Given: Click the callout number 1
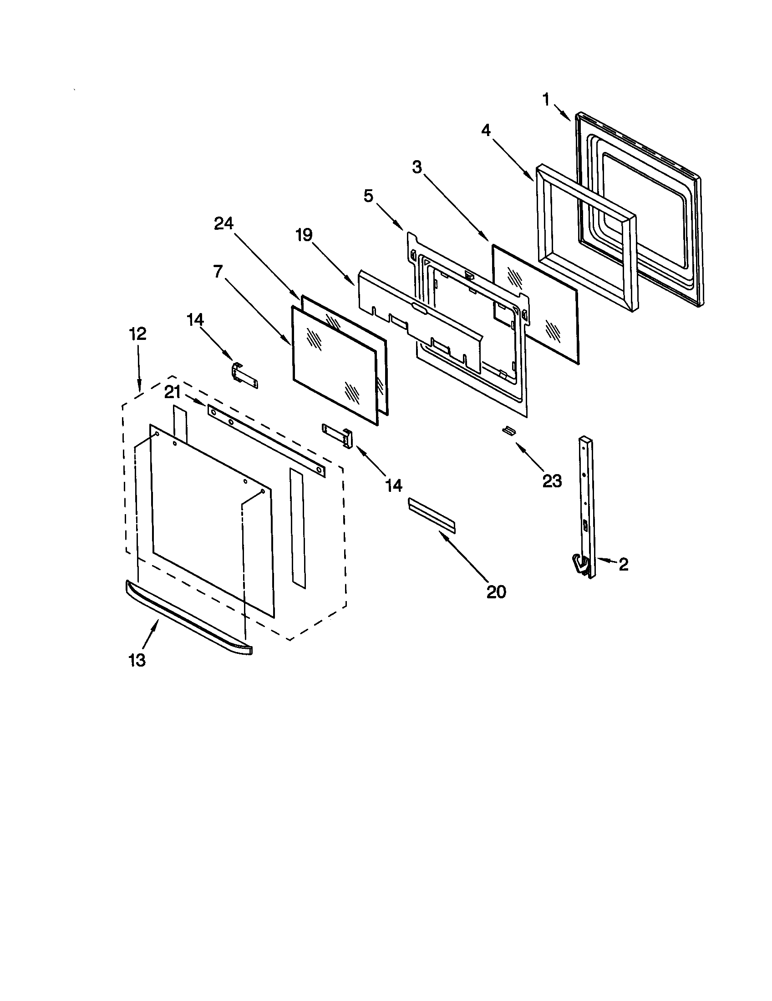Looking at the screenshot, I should pos(545,100).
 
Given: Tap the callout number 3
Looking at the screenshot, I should pos(416,167).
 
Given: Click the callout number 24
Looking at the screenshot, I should pos(223,223).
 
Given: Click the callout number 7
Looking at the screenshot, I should pos(218,271).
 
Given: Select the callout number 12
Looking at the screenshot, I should pos(137,334).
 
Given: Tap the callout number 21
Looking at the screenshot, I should pos(173,393).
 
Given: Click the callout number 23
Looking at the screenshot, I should pos(552,481).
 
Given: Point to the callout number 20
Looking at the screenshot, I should pos(496,591).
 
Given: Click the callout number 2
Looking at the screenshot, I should pos(623,564).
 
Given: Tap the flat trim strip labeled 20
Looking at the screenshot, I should pos(431,516).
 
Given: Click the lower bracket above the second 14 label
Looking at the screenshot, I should pos(338,434).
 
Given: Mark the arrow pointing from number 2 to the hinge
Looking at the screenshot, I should pos(606,561).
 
